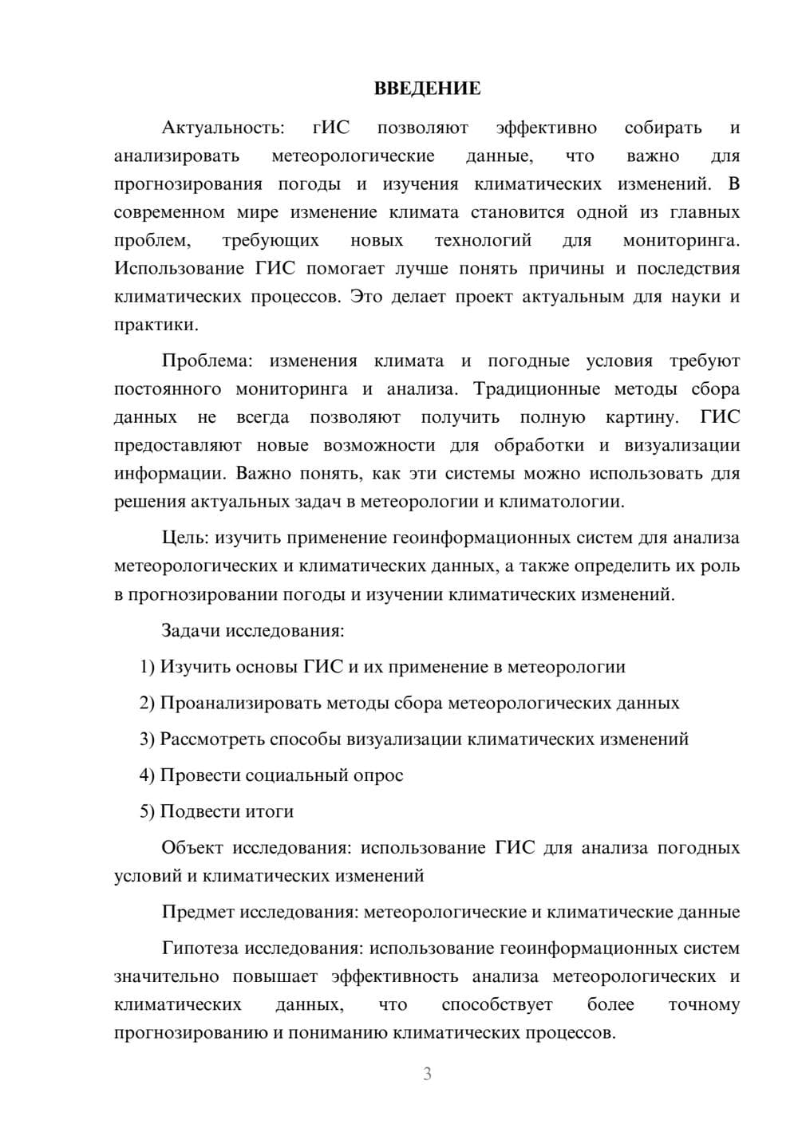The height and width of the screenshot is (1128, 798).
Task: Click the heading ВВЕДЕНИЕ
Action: tap(427, 89)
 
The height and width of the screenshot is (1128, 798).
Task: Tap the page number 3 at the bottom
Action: tap(427, 1074)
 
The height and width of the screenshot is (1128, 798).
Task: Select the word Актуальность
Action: tap(222, 128)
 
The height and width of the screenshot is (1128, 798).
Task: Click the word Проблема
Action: tap(207, 361)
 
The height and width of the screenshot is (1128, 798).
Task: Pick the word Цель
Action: tap(185, 538)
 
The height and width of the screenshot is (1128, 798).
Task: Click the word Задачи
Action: tap(191, 631)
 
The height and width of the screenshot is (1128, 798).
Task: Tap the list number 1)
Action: tap(148, 667)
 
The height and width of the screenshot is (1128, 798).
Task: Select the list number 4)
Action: tap(148, 775)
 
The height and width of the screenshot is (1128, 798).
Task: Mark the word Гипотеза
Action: tap(201, 949)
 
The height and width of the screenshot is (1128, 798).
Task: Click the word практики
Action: tap(155, 325)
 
